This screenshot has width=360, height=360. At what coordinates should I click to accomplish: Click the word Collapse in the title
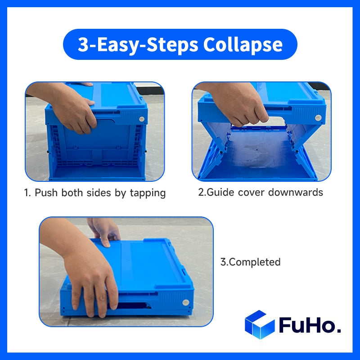(243, 45)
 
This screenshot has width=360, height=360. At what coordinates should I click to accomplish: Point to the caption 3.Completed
(250, 262)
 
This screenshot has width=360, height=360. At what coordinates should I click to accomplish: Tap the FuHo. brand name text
(310, 325)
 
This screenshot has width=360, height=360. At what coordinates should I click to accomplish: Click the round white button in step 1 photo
(142, 119)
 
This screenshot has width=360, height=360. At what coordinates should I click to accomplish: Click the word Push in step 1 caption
(45, 193)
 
